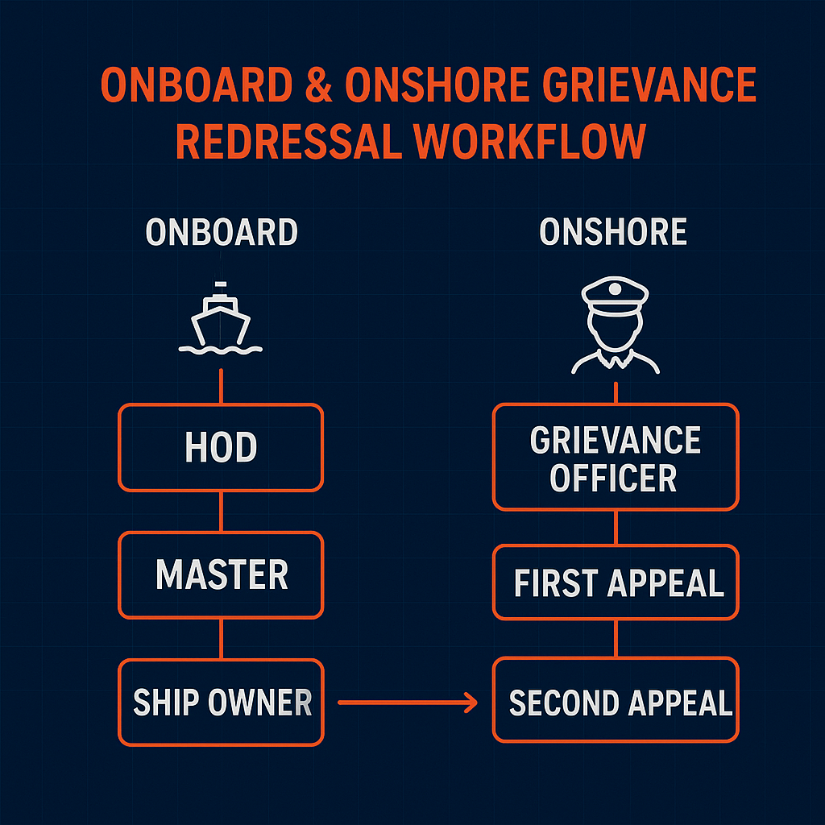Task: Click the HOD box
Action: pyautogui.click(x=221, y=447)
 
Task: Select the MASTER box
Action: pyautogui.click(x=221, y=575)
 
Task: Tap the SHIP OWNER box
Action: pyautogui.click(x=221, y=702)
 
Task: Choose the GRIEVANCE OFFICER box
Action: pyautogui.click(x=615, y=457)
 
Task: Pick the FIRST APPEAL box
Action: pyautogui.click(x=615, y=582)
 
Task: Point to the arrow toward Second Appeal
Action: pyautogui.click(x=408, y=703)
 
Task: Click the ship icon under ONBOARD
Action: pyautogui.click(x=221, y=321)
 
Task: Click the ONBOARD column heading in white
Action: pyautogui.click(x=222, y=233)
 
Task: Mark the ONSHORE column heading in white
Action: pyautogui.click(x=613, y=233)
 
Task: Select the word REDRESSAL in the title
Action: pyautogui.click(x=287, y=142)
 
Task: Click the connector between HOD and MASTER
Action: pyautogui.click(x=221, y=512)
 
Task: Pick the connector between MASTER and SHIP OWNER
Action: pyautogui.click(x=221, y=639)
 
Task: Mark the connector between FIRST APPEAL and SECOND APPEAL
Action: pyautogui.click(x=616, y=639)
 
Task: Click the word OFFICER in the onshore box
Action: pyautogui.click(x=613, y=478)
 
